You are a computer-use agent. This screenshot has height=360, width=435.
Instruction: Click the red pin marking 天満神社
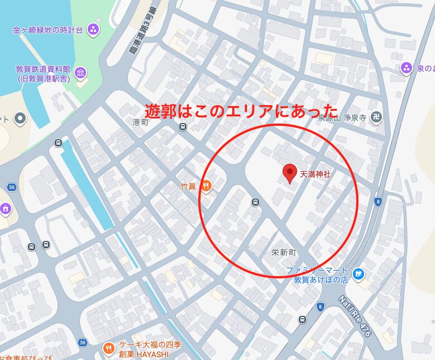(x=289, y=173)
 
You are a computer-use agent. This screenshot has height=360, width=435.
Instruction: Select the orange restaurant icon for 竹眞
(x=206, y=186)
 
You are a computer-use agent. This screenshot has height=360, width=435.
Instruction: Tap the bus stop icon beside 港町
(x=183, y=127)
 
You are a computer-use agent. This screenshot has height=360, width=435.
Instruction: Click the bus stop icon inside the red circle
(x=255, y=202)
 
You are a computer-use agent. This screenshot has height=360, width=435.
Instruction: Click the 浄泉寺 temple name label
(x=354, y=118)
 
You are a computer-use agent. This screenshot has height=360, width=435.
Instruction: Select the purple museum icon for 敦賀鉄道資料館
(x=80, y=73)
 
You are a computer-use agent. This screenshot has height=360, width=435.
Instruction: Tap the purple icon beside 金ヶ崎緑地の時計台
(x=94, y=29)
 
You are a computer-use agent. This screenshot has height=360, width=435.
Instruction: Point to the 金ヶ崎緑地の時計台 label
(x=49, y=29)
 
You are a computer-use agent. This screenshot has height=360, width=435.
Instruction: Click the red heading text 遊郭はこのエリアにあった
(x=241, y=110)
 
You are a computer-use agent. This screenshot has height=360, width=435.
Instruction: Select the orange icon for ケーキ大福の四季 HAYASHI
(x=108, y=349)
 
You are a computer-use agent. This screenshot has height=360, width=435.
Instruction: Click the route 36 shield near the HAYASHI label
(x=83, y=342)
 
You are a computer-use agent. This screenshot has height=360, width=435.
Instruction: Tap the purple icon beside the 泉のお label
(x=406, y=68)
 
